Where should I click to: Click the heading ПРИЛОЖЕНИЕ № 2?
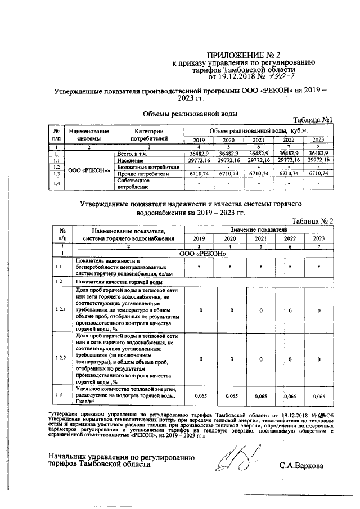click(243, 55)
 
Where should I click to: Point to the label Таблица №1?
click(314, 120)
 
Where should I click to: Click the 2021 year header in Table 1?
click(259, 140)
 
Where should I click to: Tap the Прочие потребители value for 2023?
click(318, 174)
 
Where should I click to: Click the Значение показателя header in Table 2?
click(259, 230)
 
